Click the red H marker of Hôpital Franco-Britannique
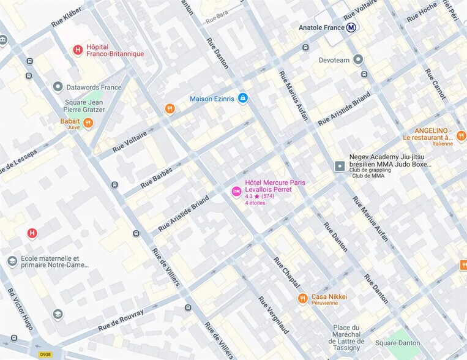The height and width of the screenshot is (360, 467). click(x=78, y=50)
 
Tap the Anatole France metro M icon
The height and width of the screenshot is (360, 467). click(x=351, y=28)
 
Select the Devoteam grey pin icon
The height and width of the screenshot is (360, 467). click(x=358, y=59)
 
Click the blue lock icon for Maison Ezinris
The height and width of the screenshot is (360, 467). click(x=243, y=98)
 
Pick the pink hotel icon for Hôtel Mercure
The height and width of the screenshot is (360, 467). click(x=236, y=192)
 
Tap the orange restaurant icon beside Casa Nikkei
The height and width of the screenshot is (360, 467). click(x=302, y=298)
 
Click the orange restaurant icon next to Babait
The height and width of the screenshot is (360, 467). click(x=89, y=123)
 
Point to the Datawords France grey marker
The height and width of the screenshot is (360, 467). click(x=58, y=87)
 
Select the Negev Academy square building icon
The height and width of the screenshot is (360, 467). click(x=340, y=166)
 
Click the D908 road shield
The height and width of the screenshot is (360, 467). click(x=45, y=354)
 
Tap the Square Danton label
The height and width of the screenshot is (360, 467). click(x=398, y=342)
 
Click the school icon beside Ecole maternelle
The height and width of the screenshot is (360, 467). click(x=12, y=261)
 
